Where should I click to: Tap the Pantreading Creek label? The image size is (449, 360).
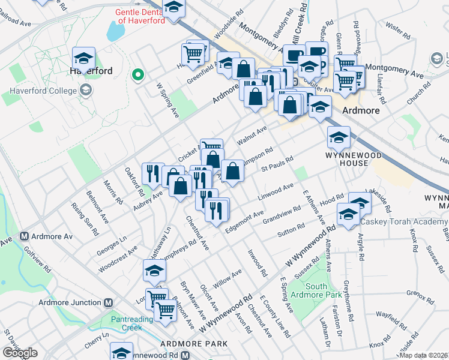[x=126, y=323]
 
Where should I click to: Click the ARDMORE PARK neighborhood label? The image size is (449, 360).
[x=194, y=343]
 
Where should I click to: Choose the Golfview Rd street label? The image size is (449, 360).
[x=23, y=259]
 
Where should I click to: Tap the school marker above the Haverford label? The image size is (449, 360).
[x=83, y=58]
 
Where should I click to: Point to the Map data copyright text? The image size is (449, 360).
[x=424, y=355]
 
